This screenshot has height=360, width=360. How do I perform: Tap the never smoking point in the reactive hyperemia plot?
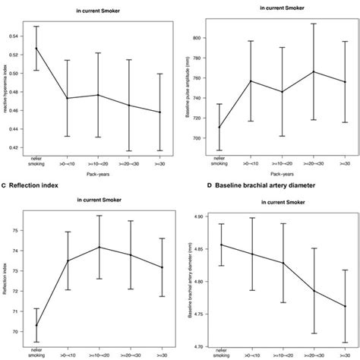click(x=35, y=49)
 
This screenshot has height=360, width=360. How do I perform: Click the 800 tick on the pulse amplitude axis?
click(x=202, y=37)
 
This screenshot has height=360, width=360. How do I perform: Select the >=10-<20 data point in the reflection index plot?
click(x=99, y=247)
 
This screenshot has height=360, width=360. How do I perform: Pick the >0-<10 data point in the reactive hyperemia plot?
click(x=67, y=98)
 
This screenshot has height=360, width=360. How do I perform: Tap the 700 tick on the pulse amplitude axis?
click(x=202, y=138)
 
